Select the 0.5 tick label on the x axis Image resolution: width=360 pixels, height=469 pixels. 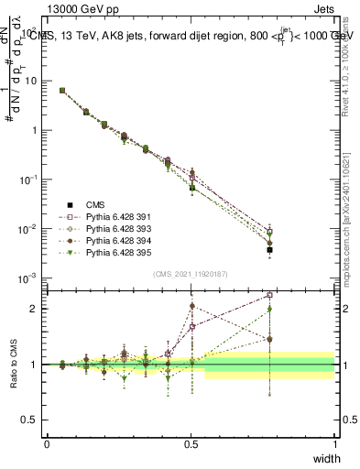click(191, 443)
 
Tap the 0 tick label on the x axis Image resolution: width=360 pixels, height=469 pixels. click(48, 443)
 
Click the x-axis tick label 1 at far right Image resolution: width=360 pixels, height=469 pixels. click(334, 443)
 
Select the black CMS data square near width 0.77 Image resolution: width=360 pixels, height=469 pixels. click(269, 249)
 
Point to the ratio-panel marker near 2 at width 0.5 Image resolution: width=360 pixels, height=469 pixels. click(191, 306)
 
